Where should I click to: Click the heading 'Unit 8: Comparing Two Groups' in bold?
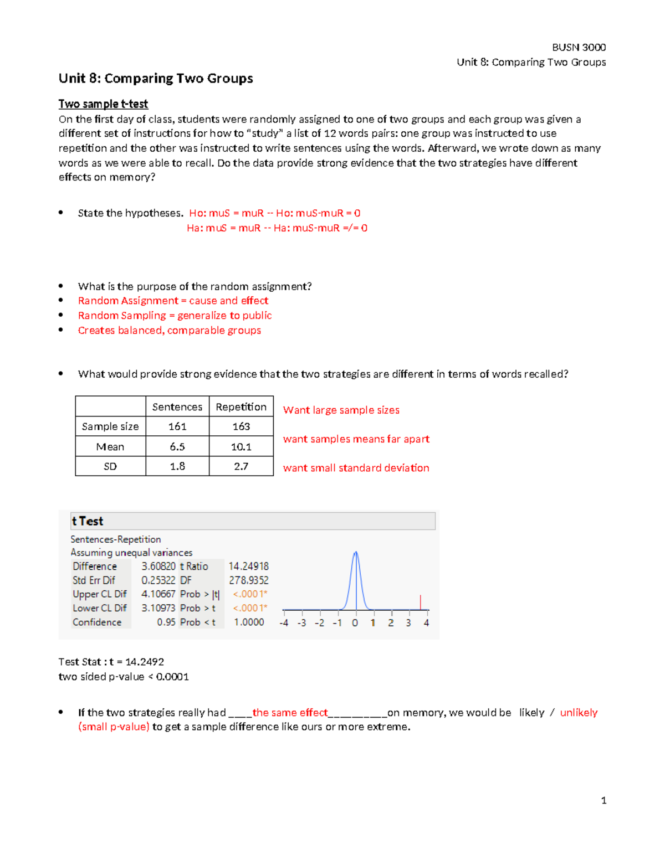(x=156, y=79)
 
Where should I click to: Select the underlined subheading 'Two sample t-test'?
(x=103, y=104)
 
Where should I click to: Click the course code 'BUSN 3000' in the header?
(x=579, y=47)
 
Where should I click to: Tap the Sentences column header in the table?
(x=177, y=407)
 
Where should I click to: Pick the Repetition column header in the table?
(x=241, y=407)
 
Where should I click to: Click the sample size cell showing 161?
(x=177, y=426)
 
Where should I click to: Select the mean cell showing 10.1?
(x=241, y=446)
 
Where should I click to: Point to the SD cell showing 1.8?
(x=177, y=466)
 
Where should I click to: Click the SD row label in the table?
(x=110, y=466)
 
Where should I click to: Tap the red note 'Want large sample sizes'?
(x=341, y=410)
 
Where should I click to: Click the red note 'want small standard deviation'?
(x=356, y=468)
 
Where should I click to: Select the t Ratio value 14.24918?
(x=248, y=567)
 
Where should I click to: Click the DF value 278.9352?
(x=248, y=580)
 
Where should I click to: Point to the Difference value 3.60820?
(x=158, y=567)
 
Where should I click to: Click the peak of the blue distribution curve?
(x=356, y=553)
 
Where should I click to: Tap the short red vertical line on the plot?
(x=421, y=602)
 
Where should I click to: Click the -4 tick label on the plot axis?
(x=284, y=623)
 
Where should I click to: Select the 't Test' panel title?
(x=88, y=521)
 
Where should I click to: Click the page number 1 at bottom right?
(x=603, y=801)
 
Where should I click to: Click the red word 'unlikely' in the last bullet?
(x=579, y=713)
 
